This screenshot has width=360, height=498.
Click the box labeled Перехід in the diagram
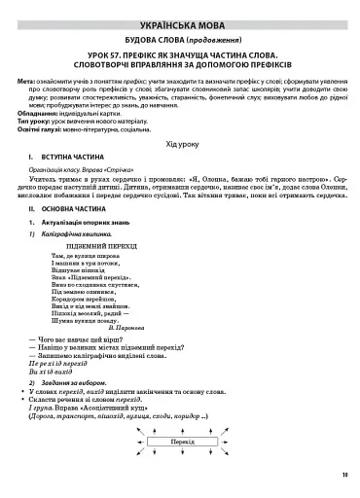180,468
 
